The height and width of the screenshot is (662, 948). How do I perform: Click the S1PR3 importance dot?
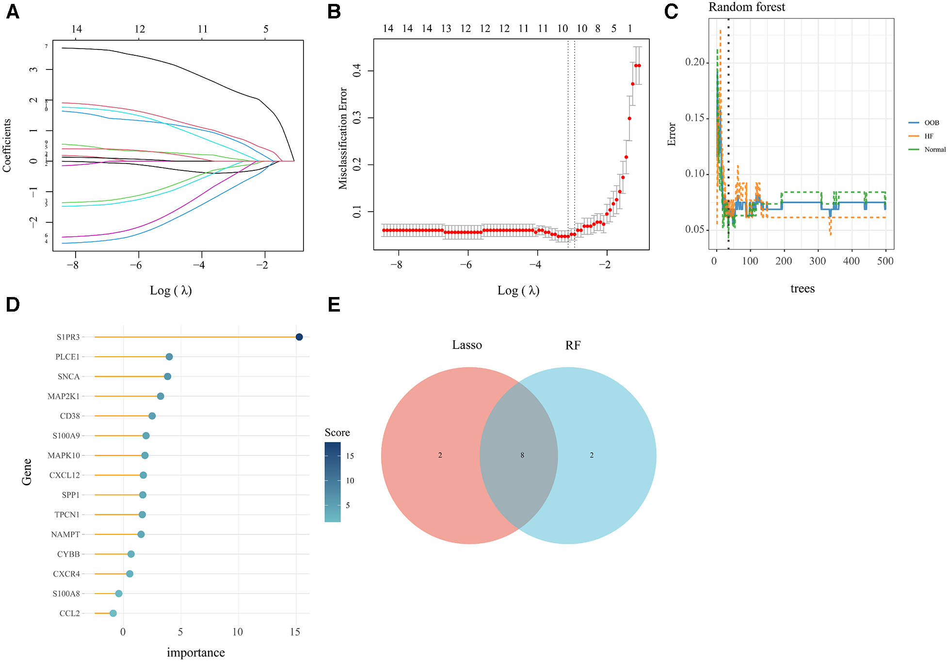pyautogui.click(x=299, y=337)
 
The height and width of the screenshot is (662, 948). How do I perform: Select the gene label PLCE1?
pyautogui.click(x=67, y=357)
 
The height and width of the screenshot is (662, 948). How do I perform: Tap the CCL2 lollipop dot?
pyautogui.click(x=113, y=613)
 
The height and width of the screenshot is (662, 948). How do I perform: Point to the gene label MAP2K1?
pyautogui.click(x=64, y=397)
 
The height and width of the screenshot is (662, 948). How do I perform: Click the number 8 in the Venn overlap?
pyautogui.click(x=522, y=455)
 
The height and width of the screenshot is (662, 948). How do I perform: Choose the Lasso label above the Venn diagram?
pyautogui.click(x=467, y=345)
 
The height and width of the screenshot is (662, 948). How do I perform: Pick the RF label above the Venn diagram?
pyautogui.click(x=573, y=346)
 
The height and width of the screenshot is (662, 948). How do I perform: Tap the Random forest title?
pyautogui.click(x=747, y=7)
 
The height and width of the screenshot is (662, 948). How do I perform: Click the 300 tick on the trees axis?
pyautogui.click(x=818, y=261)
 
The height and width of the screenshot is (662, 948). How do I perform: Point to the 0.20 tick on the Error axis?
pyautogui.click(x=694, y=62)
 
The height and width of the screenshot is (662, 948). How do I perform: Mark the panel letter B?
pyautogui.click(x=334, y=12)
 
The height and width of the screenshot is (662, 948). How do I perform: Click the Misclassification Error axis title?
pyautogui.click(x=343, y=138)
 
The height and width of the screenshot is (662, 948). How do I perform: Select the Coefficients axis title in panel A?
pyautogui.click(x=7, y=146)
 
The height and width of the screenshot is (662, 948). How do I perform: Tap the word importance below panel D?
pyautogui.click(x=196, y=653)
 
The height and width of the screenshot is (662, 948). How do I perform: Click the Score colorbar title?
pyautogui.click(x=337, y=432)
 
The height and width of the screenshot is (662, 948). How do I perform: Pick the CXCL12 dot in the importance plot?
pyautogui.click(x=143, y=475)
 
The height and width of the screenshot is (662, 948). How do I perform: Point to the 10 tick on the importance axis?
pyautogui.click(x=238, y=632)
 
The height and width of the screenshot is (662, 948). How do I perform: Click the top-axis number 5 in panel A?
pyautogui.click(x=266, y=29)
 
